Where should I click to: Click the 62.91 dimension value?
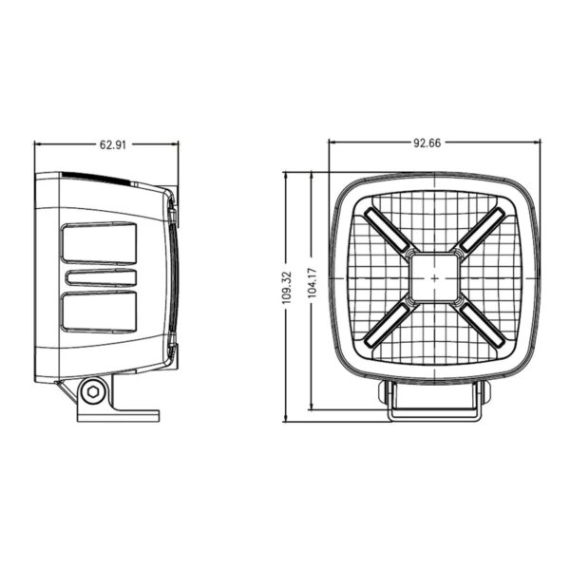pos(113,145)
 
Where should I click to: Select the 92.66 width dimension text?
pos(427,143)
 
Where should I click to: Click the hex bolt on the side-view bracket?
pos(92,390)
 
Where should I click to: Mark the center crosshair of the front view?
pos(434,277)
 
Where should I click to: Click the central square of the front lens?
pos(434,277)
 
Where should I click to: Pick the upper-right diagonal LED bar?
pos(481,231)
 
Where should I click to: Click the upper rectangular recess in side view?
pos(100,244)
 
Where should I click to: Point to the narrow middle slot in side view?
pos(100,277)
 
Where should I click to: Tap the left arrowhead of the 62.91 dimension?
pos(38,145)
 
